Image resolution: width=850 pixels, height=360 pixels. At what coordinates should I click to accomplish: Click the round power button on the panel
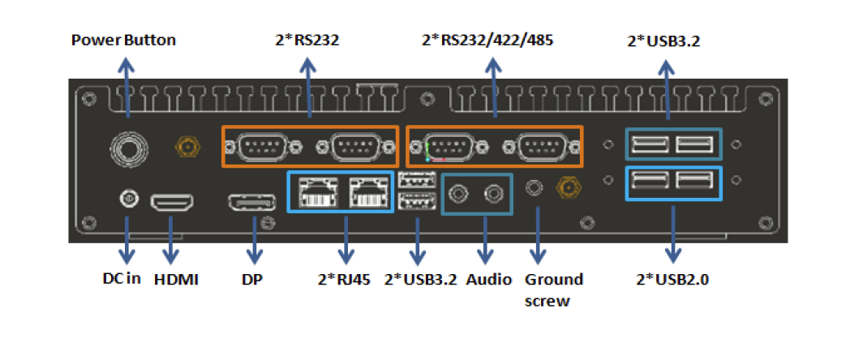(x=128, y=147)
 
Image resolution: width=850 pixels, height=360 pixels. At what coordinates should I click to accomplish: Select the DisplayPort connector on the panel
(x=252, y=203)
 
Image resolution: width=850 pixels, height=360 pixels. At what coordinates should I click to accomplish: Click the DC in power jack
(x=127, y=197)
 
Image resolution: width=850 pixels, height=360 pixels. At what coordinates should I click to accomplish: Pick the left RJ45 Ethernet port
(x=312, y=191)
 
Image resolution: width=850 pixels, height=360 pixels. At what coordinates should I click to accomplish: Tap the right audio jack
(x=493, y=193)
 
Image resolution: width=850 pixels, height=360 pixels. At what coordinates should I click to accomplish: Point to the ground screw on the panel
(x=534, y=188)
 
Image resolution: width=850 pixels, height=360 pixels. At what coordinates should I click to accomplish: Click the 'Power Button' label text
(x=123, y=40)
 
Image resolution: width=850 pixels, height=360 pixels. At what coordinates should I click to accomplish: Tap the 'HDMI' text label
(x=176, y=280)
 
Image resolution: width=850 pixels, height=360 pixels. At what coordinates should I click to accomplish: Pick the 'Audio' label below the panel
(x=490, y=280)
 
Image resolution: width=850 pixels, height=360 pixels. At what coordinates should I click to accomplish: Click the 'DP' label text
(x=252, y=280)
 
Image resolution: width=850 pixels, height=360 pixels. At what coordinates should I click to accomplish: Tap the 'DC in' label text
(x=122, y=280)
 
